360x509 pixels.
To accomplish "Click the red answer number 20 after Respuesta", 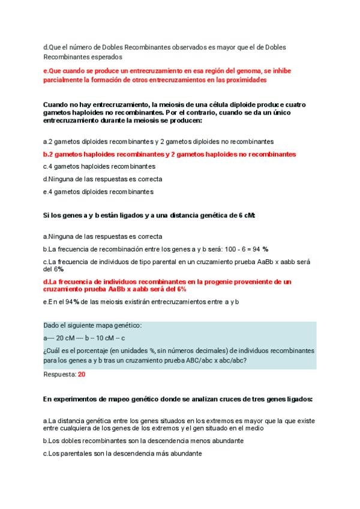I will coord(82,374).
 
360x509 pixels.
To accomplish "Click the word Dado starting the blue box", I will coord(52,325).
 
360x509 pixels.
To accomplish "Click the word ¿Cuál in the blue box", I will coord(53,351).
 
